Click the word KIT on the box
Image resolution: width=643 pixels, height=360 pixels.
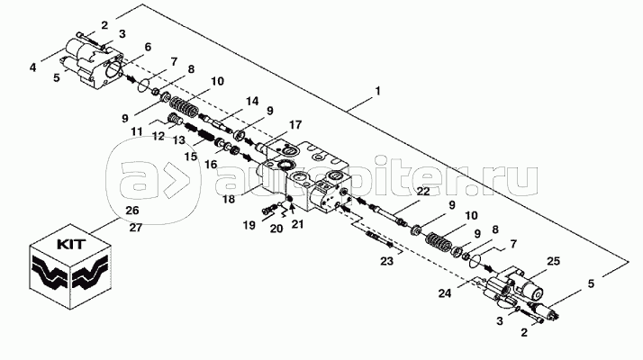[x=71, y=245]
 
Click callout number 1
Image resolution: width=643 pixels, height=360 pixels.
[x=377, y=90]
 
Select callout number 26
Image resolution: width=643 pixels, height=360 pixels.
[x=132, y=211]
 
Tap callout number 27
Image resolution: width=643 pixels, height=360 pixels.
[x=136, y=227]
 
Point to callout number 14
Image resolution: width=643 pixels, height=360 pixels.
[x=252, y=101]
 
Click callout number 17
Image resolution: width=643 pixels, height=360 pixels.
[x=295, y=124]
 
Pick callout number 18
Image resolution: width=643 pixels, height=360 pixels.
[x=229, y=199]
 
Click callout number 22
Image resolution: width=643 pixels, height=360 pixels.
[x=423, y=191]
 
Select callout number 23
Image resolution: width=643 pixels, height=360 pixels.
[x=386, y=261]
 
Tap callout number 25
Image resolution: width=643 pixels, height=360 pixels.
[x=553, y=261]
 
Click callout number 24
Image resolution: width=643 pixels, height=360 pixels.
[x=445, y=293]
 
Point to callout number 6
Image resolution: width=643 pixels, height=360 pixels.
[x=147, y=47]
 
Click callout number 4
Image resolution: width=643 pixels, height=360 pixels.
[x=32, y=67]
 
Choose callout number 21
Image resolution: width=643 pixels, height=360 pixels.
[x=297, y=225]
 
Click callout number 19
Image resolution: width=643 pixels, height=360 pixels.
[x=249, y=225]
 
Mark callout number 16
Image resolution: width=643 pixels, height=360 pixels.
[x=211, y=165]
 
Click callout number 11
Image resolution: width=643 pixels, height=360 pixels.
[x=137, y=131]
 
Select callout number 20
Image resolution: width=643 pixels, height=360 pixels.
[x=276, y=229]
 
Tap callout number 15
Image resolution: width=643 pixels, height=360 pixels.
[x=191, y=157]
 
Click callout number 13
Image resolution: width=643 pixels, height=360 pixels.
[x=179, y=140]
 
